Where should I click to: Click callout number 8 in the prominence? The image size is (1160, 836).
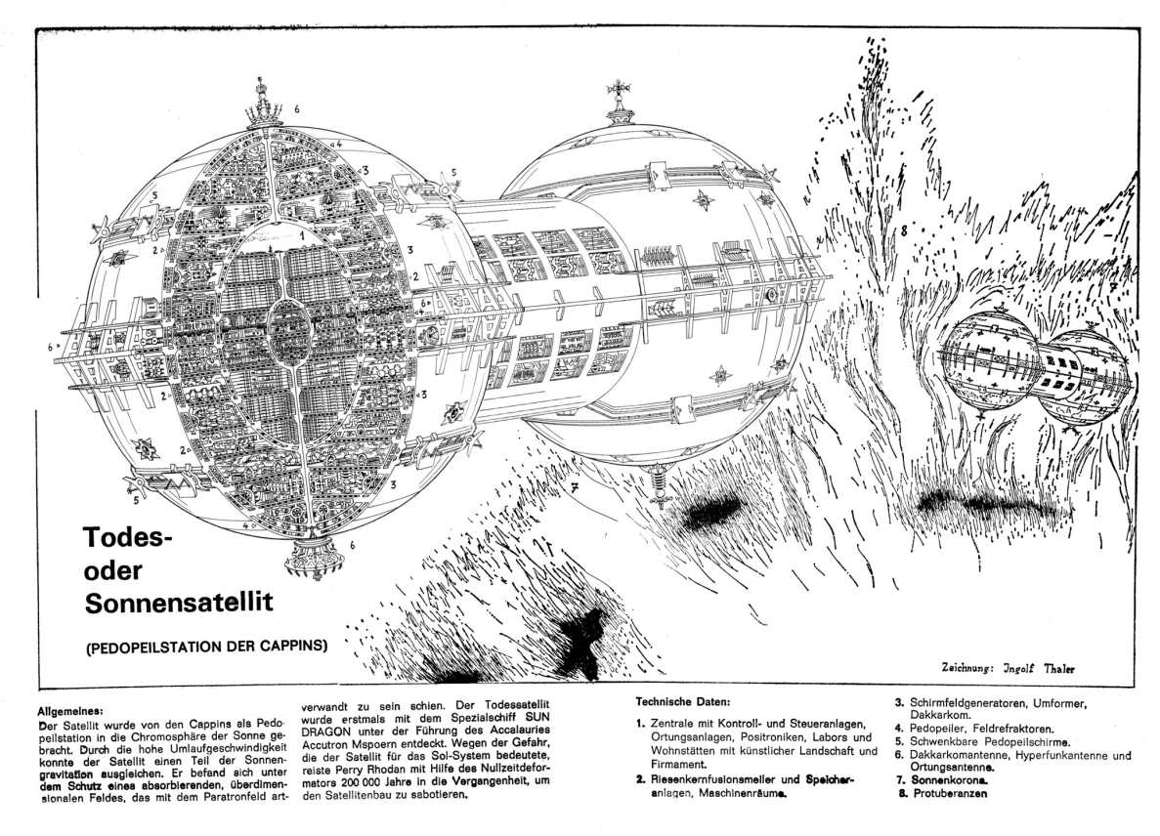point(905,231)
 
